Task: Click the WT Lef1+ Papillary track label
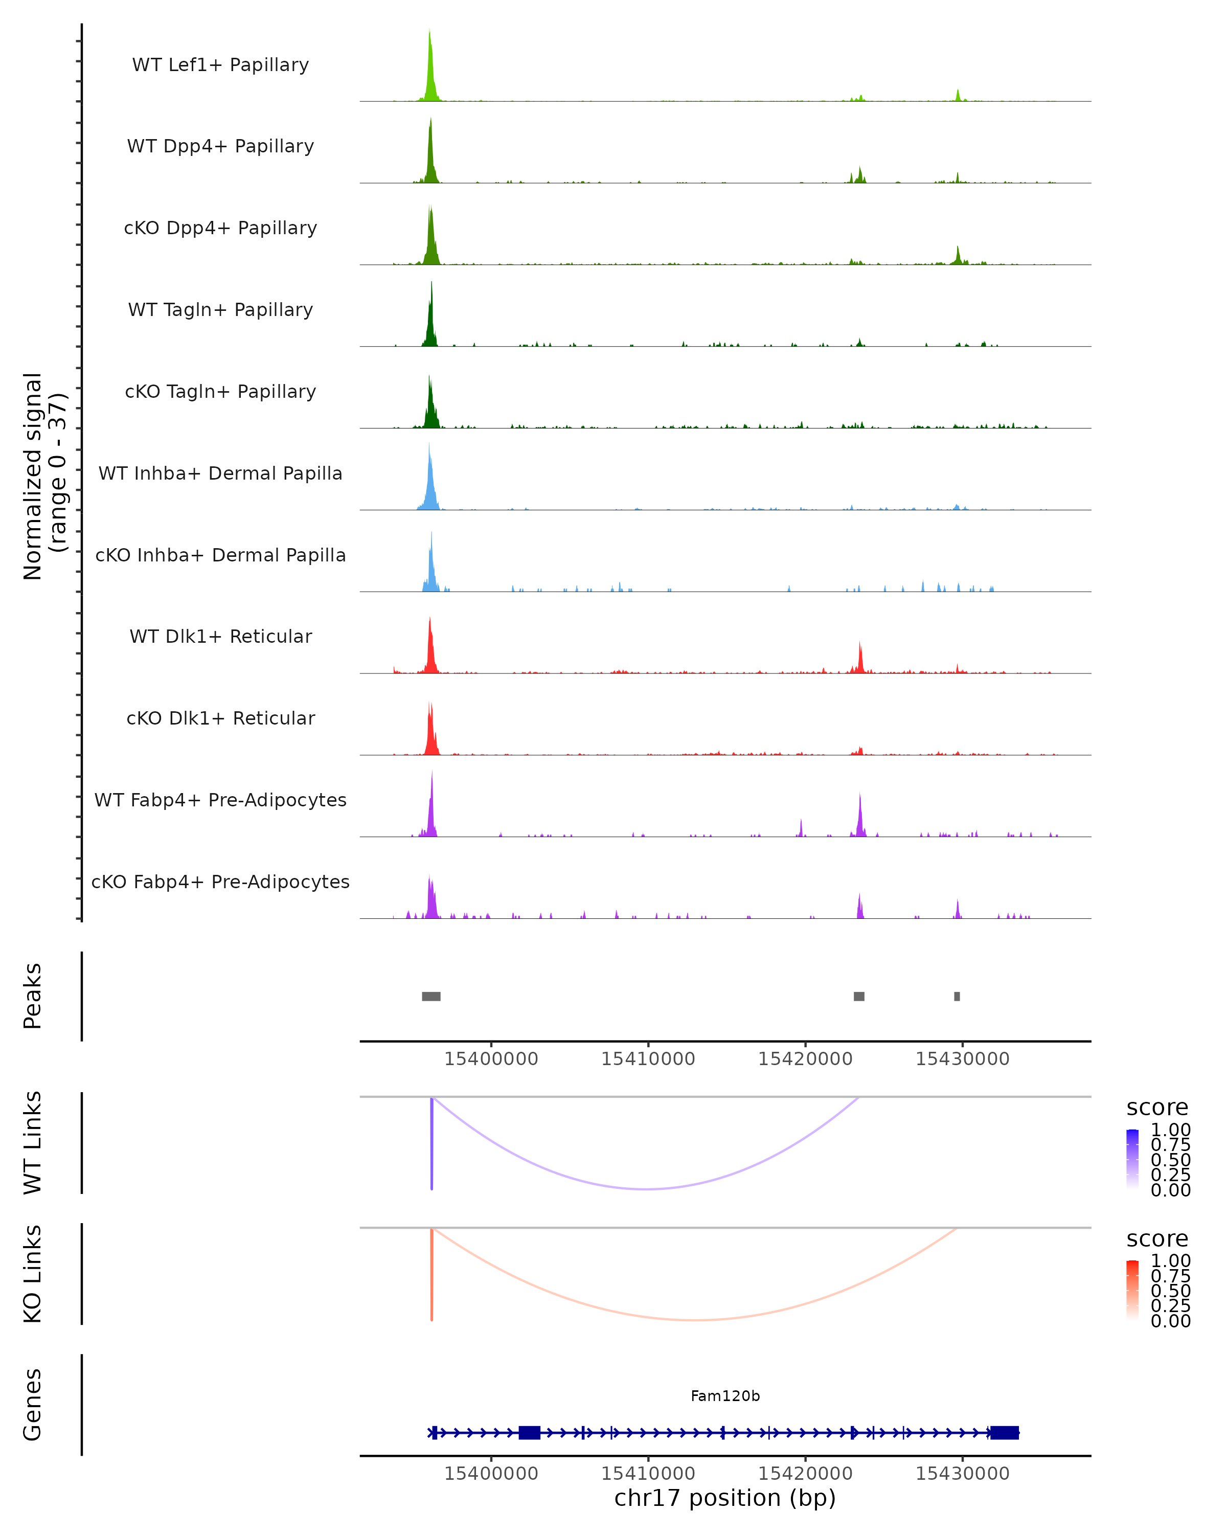click(220, 65)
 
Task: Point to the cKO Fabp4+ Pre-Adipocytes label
click(220, 882)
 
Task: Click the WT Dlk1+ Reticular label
click(220, 636)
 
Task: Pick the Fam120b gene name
click(725, 1396)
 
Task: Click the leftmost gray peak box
click(431, 996)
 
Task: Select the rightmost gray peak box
click(957, 996)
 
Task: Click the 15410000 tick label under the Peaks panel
click(648, 1059)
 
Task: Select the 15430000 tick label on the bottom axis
click(962, 1474)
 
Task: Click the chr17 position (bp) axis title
click(725, 1498)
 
